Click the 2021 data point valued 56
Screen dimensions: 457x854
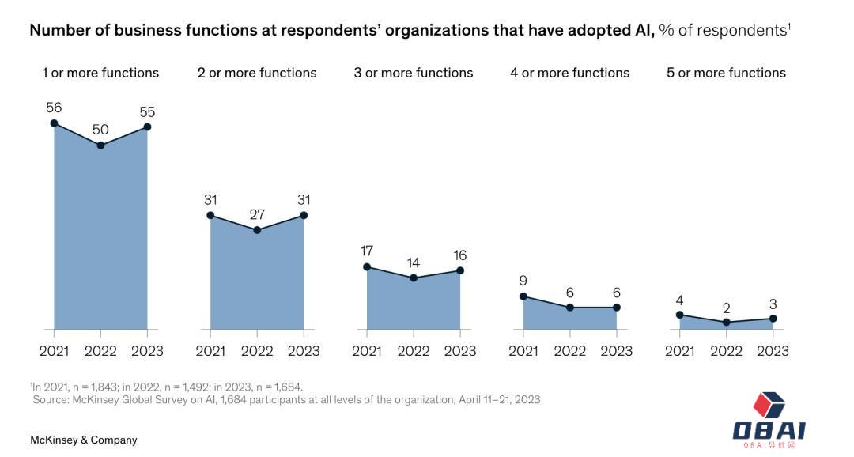point(54,123)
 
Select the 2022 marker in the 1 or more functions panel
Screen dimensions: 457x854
point(100,145)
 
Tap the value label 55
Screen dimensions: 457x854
point(147,112)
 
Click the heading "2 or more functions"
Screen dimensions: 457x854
point(257,73)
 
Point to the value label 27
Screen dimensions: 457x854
point(257,215)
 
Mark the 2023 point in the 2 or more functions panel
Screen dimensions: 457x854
point(304,215)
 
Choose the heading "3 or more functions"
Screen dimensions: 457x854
point(414,73)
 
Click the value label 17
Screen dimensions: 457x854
point(367,251)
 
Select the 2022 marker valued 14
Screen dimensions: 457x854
point(414,278)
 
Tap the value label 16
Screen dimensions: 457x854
point(460,255)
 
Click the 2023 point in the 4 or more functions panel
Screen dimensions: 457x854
point(617,308)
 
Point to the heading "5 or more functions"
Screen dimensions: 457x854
point(726,73)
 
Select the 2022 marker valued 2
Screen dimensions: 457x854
point(727,323)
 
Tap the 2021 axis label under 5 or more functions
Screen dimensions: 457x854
point(680,350)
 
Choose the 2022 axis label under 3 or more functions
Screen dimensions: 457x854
point(414,350)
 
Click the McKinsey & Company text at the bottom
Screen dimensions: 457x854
point(84,440)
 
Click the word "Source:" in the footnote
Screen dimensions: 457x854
point(51,400)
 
